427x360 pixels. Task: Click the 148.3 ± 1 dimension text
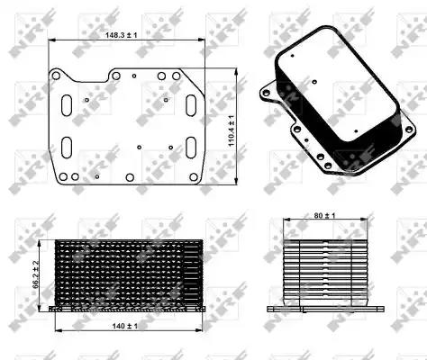(x=120, y=34)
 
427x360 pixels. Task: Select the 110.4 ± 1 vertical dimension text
(x=232, y=131)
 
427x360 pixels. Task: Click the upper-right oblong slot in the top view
(x=190, y=105)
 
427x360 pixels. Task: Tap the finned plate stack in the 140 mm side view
(x=123, y=270)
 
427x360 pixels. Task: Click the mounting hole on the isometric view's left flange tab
(x=267, y=91)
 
